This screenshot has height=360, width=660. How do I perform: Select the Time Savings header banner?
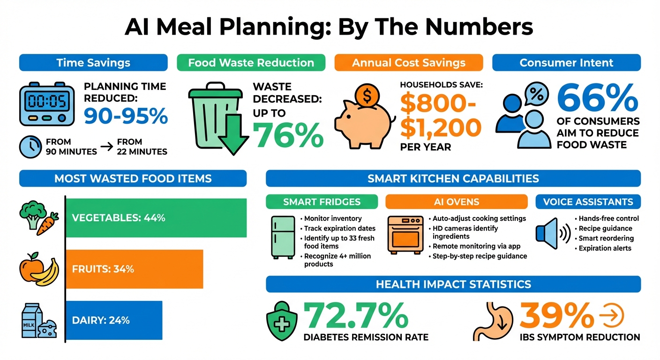(x=93, y=63)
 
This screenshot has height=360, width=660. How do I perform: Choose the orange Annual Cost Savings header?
(x=408, y=63)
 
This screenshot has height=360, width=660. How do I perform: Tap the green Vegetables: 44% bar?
(x=156, y=218)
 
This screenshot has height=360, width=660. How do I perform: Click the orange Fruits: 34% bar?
(x=134, y=269)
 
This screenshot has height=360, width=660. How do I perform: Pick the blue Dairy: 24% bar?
(x=113, y=321)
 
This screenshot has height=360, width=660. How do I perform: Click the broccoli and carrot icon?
(x=38, y=218)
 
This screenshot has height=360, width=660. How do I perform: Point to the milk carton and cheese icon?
(x=38, y=321)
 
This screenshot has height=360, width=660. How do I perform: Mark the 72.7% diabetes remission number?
(x=356, y=315)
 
